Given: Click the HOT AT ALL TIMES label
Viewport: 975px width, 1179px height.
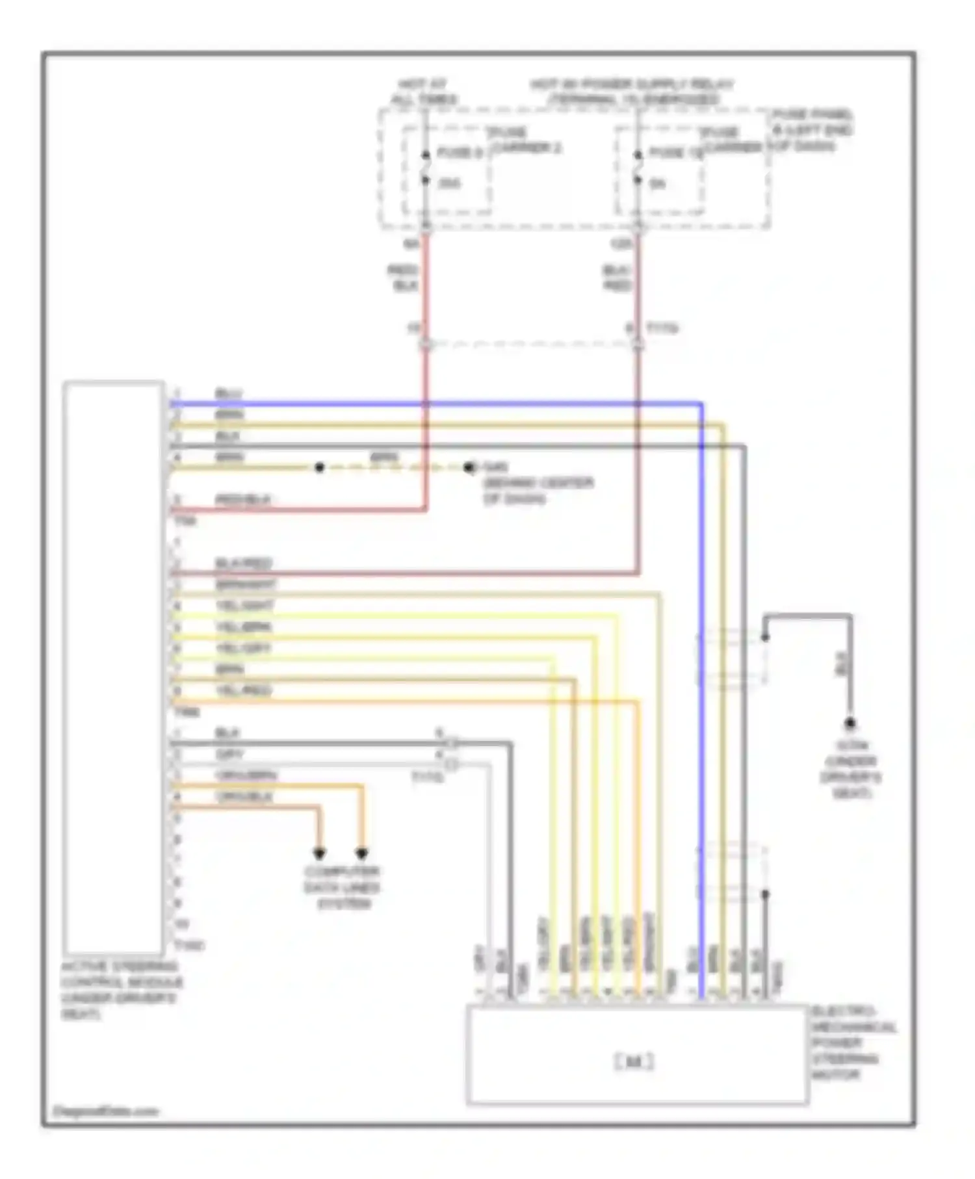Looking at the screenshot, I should point(423,92).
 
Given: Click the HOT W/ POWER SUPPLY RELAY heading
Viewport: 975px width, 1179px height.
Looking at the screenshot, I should point(632,92).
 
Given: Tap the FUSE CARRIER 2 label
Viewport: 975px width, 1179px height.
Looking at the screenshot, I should point(525,140).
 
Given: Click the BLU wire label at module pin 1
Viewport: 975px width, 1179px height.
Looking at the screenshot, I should point(228,395).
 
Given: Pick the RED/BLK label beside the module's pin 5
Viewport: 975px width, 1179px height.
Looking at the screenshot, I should point(243,500).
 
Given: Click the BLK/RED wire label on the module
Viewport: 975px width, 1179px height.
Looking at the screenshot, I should point(243,564).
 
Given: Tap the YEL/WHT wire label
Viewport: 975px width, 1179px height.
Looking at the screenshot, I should point(244,606).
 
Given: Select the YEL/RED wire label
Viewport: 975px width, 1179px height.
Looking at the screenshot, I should point(243,690).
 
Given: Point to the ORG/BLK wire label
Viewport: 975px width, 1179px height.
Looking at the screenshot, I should point(244,797).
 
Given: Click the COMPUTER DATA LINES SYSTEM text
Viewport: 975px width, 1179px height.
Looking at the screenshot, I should point(343,888).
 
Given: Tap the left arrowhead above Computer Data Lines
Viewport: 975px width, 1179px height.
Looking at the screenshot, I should point(319,853).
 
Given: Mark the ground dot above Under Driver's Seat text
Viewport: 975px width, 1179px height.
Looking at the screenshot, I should point(849,723).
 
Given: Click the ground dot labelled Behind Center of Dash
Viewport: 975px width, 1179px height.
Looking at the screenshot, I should point(469,467).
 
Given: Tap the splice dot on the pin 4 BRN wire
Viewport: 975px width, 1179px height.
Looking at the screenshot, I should point(319,467).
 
